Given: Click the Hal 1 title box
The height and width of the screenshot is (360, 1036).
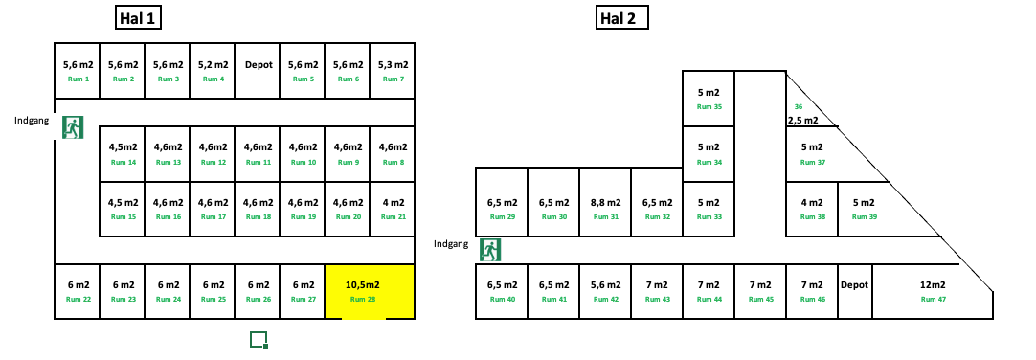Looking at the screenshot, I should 138,18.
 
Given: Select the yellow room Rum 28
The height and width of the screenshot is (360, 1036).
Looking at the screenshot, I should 370,291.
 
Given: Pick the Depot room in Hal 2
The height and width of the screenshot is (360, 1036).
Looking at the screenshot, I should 854,291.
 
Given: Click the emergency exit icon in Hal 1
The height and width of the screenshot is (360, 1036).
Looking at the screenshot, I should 73,126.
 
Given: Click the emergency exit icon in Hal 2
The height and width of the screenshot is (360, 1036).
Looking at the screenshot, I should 491,250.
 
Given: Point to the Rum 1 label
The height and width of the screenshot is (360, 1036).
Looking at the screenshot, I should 78,79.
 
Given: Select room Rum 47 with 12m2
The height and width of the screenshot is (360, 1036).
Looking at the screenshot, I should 932,291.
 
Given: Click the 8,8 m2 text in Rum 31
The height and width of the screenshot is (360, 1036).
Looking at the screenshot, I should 606,203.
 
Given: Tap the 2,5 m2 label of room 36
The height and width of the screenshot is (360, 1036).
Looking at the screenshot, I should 802,121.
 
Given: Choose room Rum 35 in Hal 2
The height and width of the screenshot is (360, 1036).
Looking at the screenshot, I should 709,99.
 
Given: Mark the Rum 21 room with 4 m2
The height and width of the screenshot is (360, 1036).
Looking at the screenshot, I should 393,209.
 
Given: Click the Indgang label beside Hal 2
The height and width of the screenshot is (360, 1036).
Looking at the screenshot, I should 451,243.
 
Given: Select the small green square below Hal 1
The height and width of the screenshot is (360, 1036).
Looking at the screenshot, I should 258,339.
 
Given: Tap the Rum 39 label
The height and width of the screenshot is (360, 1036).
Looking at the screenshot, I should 864,217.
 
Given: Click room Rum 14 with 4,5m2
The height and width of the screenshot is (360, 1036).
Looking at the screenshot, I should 123,153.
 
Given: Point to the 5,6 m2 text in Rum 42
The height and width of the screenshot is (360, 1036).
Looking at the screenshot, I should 606,285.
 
